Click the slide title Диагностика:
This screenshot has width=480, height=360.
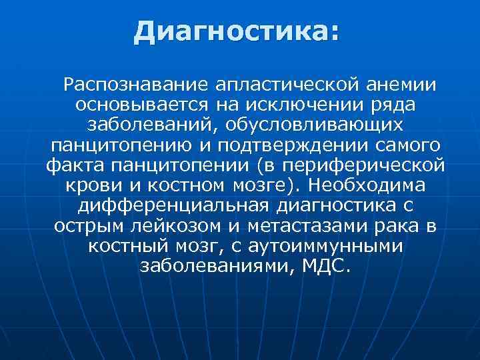[x=236, y=31]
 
